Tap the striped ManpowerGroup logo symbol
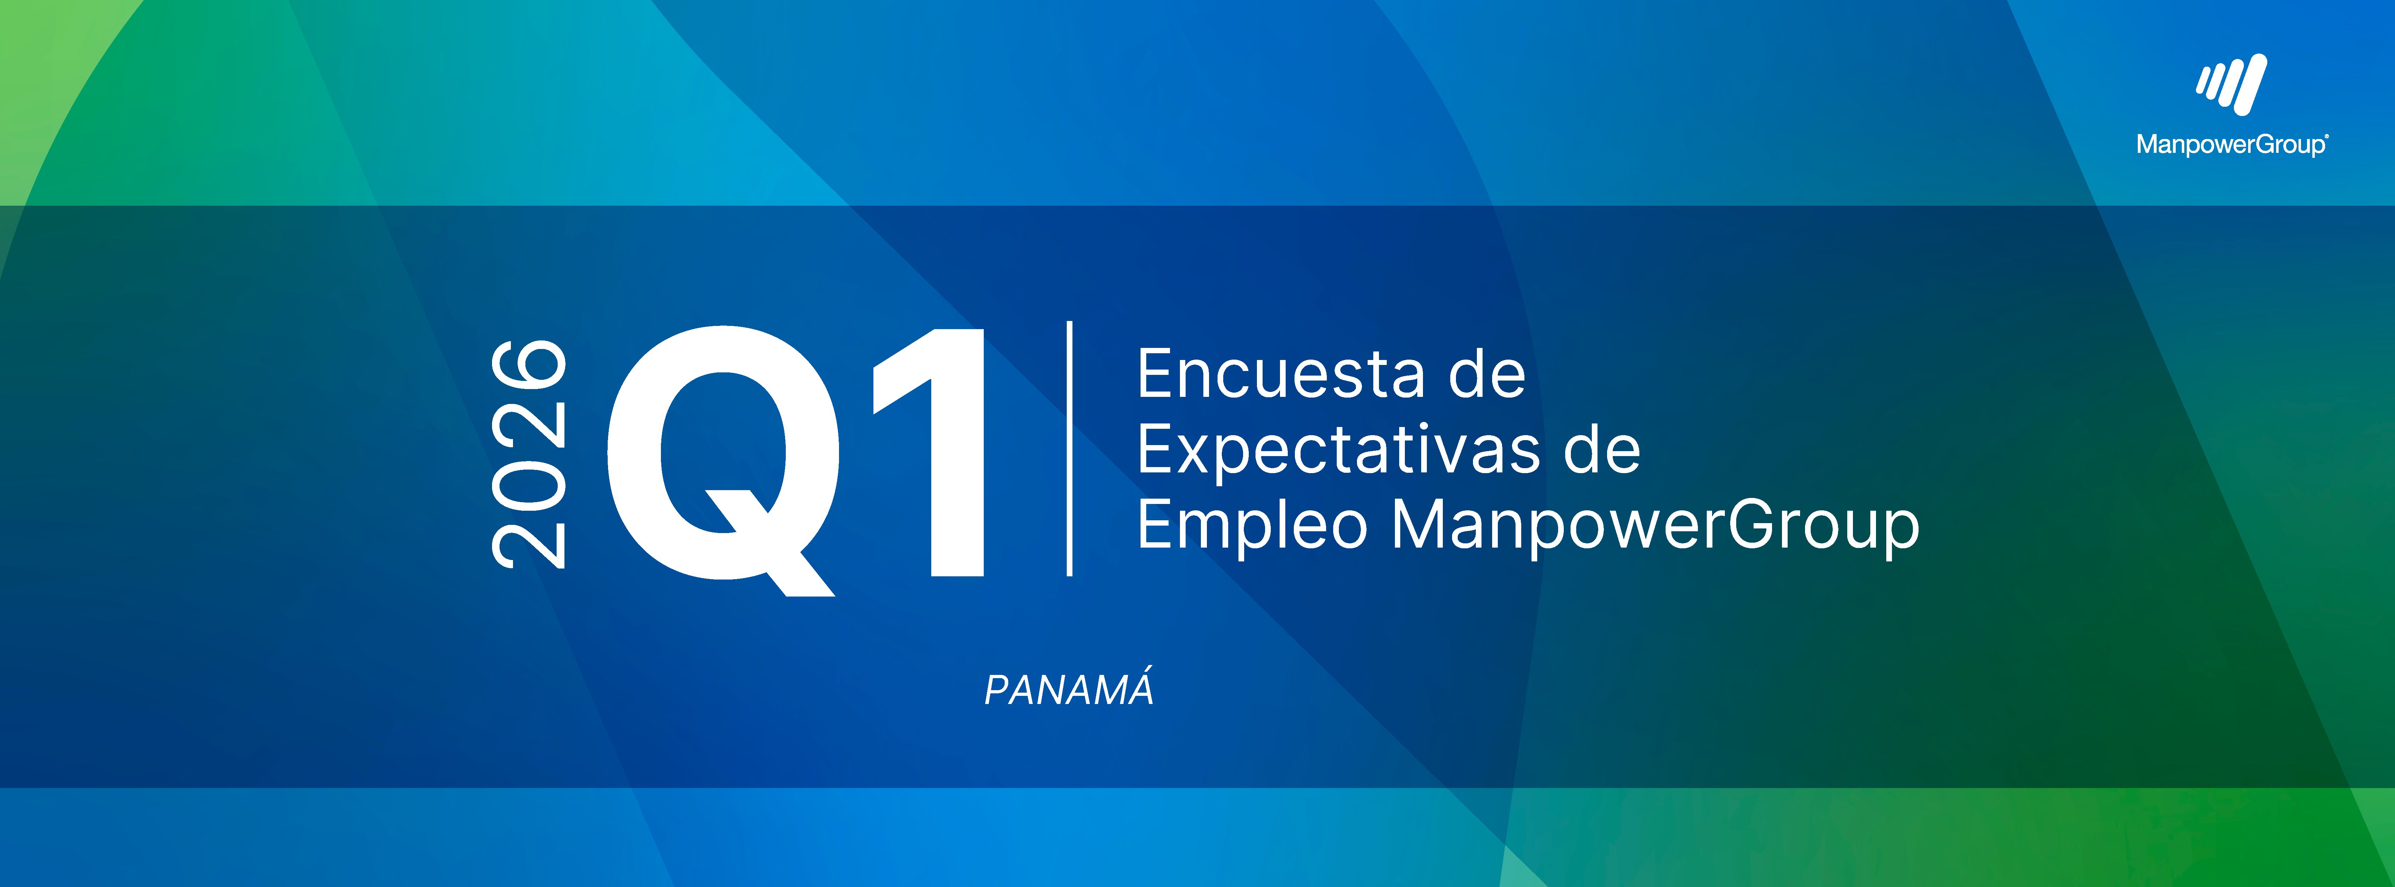point(2231,85)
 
